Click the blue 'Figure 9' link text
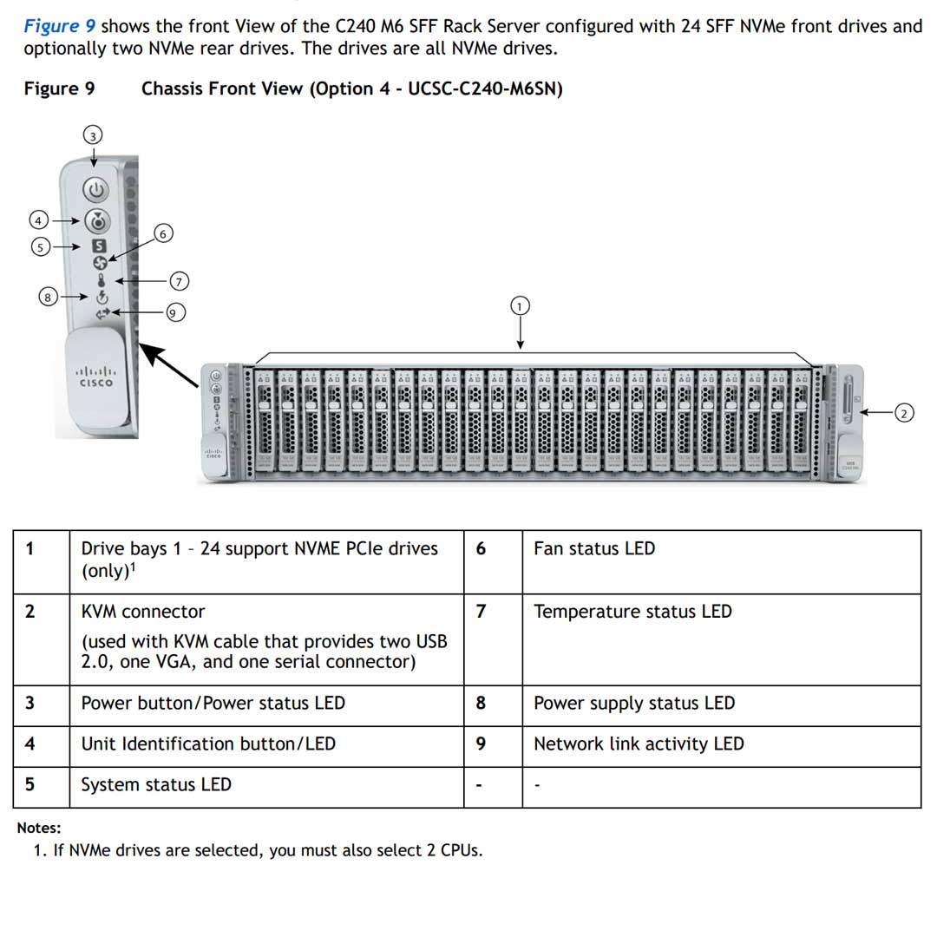(60, 26)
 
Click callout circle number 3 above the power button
(93, 134)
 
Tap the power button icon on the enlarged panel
(97, 189)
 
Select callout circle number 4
(38, 220)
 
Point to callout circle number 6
(162, 233)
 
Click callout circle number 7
(180, 280)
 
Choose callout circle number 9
(175, 312)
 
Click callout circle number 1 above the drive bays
(520, 305)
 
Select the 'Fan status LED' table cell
(594, 548)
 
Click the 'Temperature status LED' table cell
(632, 612)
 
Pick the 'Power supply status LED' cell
(634, 703)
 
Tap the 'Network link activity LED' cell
(639, 744)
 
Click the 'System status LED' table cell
(156, 784)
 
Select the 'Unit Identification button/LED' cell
(208, 744)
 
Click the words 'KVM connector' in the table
(143, 612)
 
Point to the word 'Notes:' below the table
(39, 828)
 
